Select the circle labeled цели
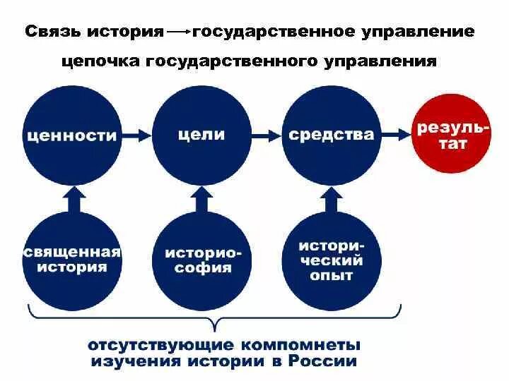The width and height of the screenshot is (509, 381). pyautogui.click(x=202, y=134)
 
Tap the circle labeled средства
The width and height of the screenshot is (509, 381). pyautogui.click(x=332, y=134)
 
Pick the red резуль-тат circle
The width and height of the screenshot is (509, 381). pyautogui.click(x=452, y=134)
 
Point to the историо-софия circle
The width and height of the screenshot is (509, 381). pyautogui.click(x=202, y=259)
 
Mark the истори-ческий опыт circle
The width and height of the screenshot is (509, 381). pyautogui.click(x=332, y=259)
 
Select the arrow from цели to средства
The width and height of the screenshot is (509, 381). pyautogui.click(x=267, y=133)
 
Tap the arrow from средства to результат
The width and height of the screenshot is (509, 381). pyautogui.click(x=396, y=133)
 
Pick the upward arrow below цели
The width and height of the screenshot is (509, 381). pyautogui.click(x=202, y=200)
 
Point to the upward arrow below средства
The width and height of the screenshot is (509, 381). pyautogui.click(x=332, y=200)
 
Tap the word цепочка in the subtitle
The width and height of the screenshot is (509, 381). pyautogui.click(x=101, y=61)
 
